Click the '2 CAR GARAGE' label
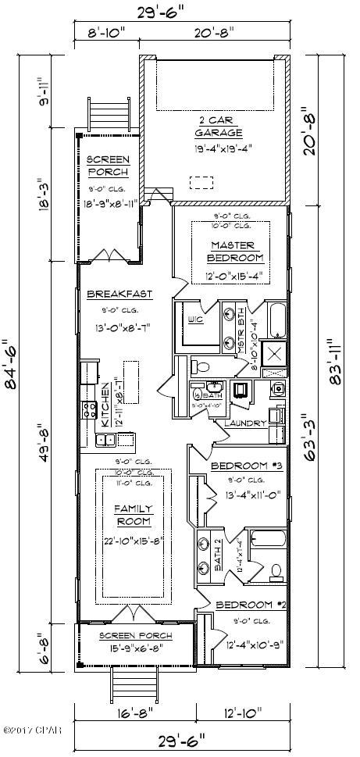pos(213,127)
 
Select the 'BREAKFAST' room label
pos(119,295)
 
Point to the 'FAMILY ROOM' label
pos(134,515)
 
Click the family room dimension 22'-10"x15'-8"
pos(134,541)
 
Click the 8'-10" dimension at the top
pos(105,32)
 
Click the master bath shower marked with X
pos(275,354)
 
